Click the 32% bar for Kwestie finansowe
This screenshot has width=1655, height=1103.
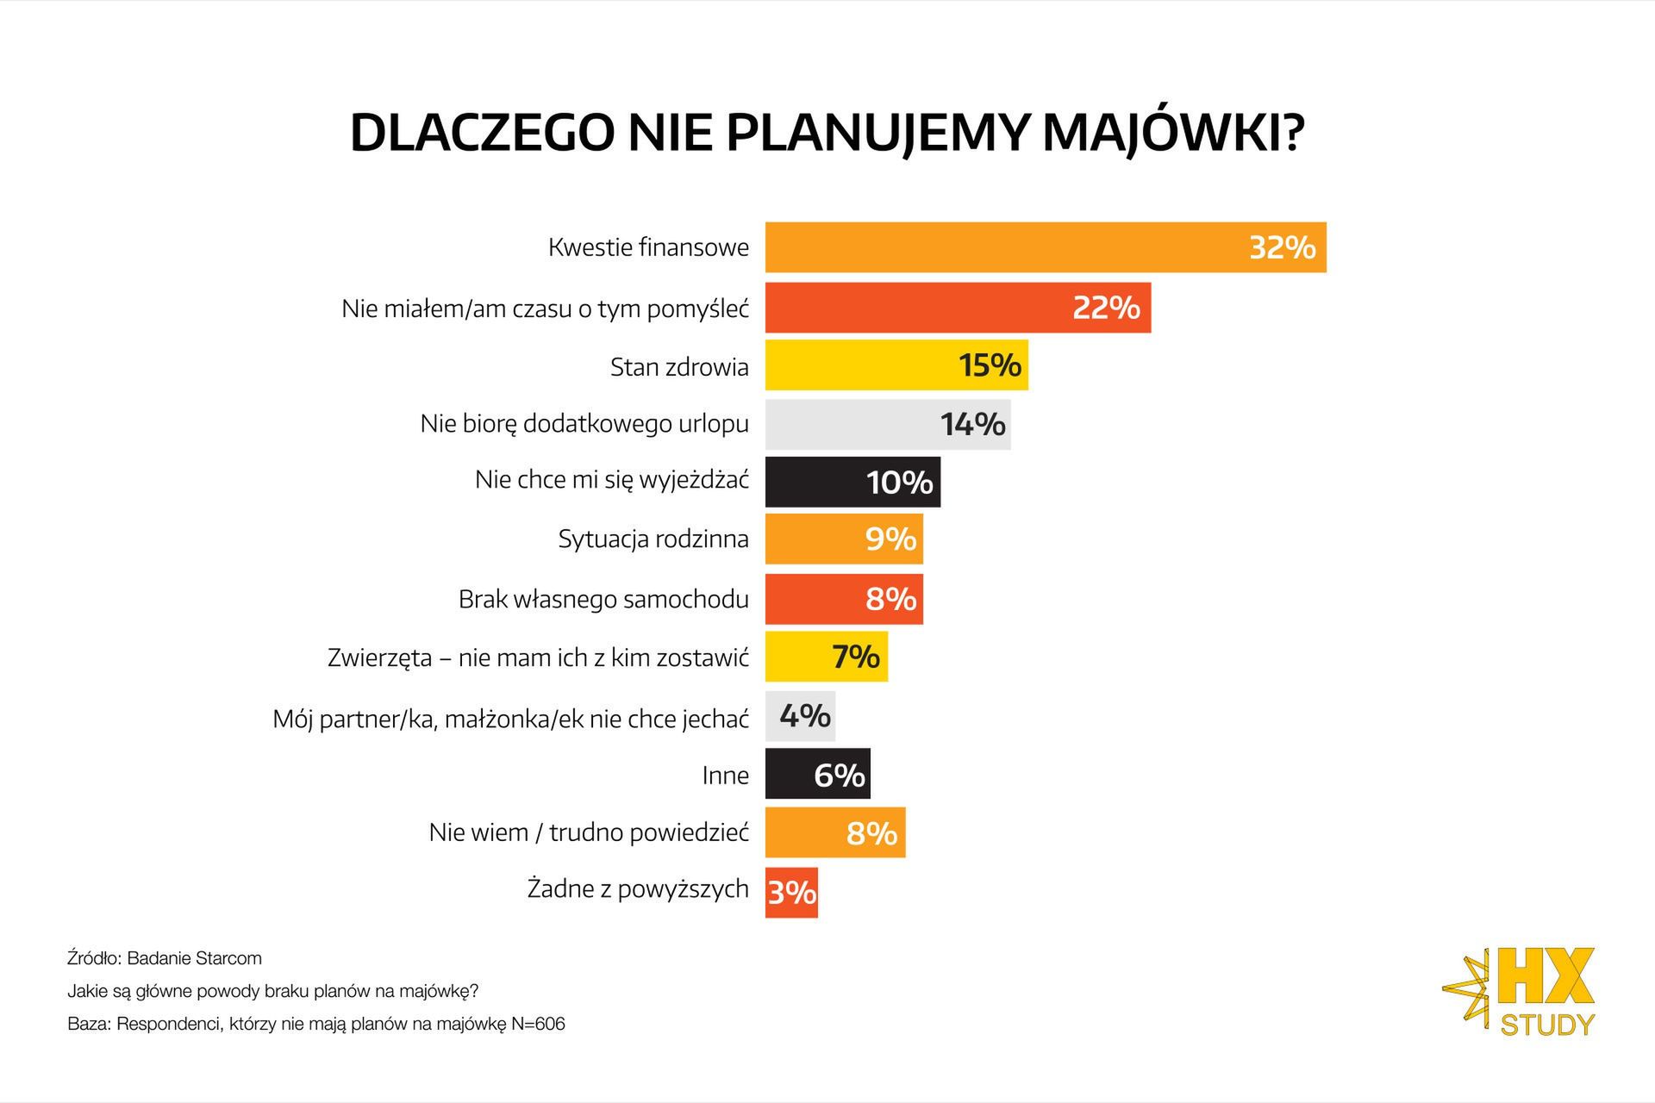point(1045,247)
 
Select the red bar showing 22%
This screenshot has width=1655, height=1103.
point(957,307)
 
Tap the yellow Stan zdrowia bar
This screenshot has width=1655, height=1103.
point(896,365)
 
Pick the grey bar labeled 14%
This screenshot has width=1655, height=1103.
point(888,424)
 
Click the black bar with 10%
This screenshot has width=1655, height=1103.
point(852,482)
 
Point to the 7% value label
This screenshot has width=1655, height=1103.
point(856,657)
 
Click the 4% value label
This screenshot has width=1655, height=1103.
point(805,715)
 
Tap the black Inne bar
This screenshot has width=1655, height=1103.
point(817,775)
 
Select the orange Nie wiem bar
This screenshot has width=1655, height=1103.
point(834,832)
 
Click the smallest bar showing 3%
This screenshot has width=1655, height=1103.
point(791,893)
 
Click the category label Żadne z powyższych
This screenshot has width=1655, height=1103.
point(638,888)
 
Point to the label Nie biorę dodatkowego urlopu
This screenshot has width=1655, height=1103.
point(584,424)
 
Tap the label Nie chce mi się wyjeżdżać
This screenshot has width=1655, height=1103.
point(612,480)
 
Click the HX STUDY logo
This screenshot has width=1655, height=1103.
point(1522,992)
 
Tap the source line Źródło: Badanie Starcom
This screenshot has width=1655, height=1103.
point(165,958)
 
